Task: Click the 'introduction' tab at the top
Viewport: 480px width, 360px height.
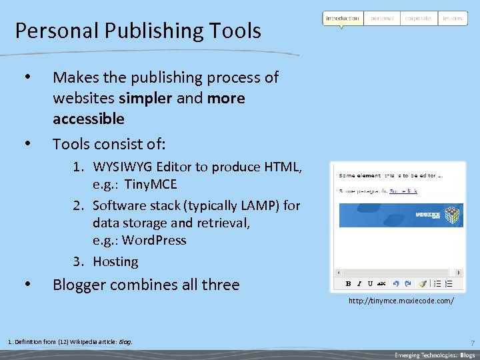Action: click(x=343, y=18)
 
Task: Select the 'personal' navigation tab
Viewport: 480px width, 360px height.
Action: click(x=382, y=18)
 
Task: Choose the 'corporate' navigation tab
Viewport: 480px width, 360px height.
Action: click(x=418, y=18)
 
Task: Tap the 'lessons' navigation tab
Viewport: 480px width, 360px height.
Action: click(x=452, y=18)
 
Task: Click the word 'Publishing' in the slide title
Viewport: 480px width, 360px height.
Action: click(x=133, y=31)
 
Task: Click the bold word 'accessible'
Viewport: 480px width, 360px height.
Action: click(x=89, y=119)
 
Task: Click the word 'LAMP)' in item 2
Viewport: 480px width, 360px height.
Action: click(x=259, y=205)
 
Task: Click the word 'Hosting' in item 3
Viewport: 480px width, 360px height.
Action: click(x=115, y=261)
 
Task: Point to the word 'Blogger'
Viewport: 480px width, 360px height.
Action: click(x=79, y=285)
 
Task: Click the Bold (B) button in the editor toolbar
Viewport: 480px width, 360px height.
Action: click(x=348, y=283)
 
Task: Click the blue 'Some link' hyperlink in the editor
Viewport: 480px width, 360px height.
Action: click(x=403, y=191)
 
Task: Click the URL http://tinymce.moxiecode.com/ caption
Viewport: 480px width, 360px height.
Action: click(x=401, y=301)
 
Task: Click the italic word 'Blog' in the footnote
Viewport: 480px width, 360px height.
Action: click(x=125, y=342)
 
